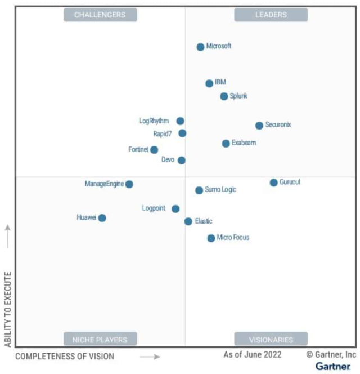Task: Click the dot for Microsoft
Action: point(200,47)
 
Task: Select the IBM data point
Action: point(209,83)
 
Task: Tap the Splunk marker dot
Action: point(224,96)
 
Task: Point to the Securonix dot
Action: point(259,126)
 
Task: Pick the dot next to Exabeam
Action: point(226,144)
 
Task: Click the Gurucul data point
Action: point(273,182)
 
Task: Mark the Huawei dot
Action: point(102,218)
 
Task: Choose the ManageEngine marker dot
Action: point(129,184)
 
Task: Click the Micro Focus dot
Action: point(211,238)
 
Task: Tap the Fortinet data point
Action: point(154,150)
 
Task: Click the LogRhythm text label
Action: point(154,121)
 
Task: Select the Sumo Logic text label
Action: point(220,190)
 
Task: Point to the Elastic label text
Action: point(204,221)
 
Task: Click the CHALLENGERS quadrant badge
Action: point(100,15)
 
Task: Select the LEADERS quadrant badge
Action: point(271,15)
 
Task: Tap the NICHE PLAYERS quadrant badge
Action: point(100,340)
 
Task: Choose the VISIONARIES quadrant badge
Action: point(271,340)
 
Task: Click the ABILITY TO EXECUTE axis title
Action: point(8,309)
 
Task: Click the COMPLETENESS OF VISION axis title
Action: point(65,357)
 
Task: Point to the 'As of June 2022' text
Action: point(253,355)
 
